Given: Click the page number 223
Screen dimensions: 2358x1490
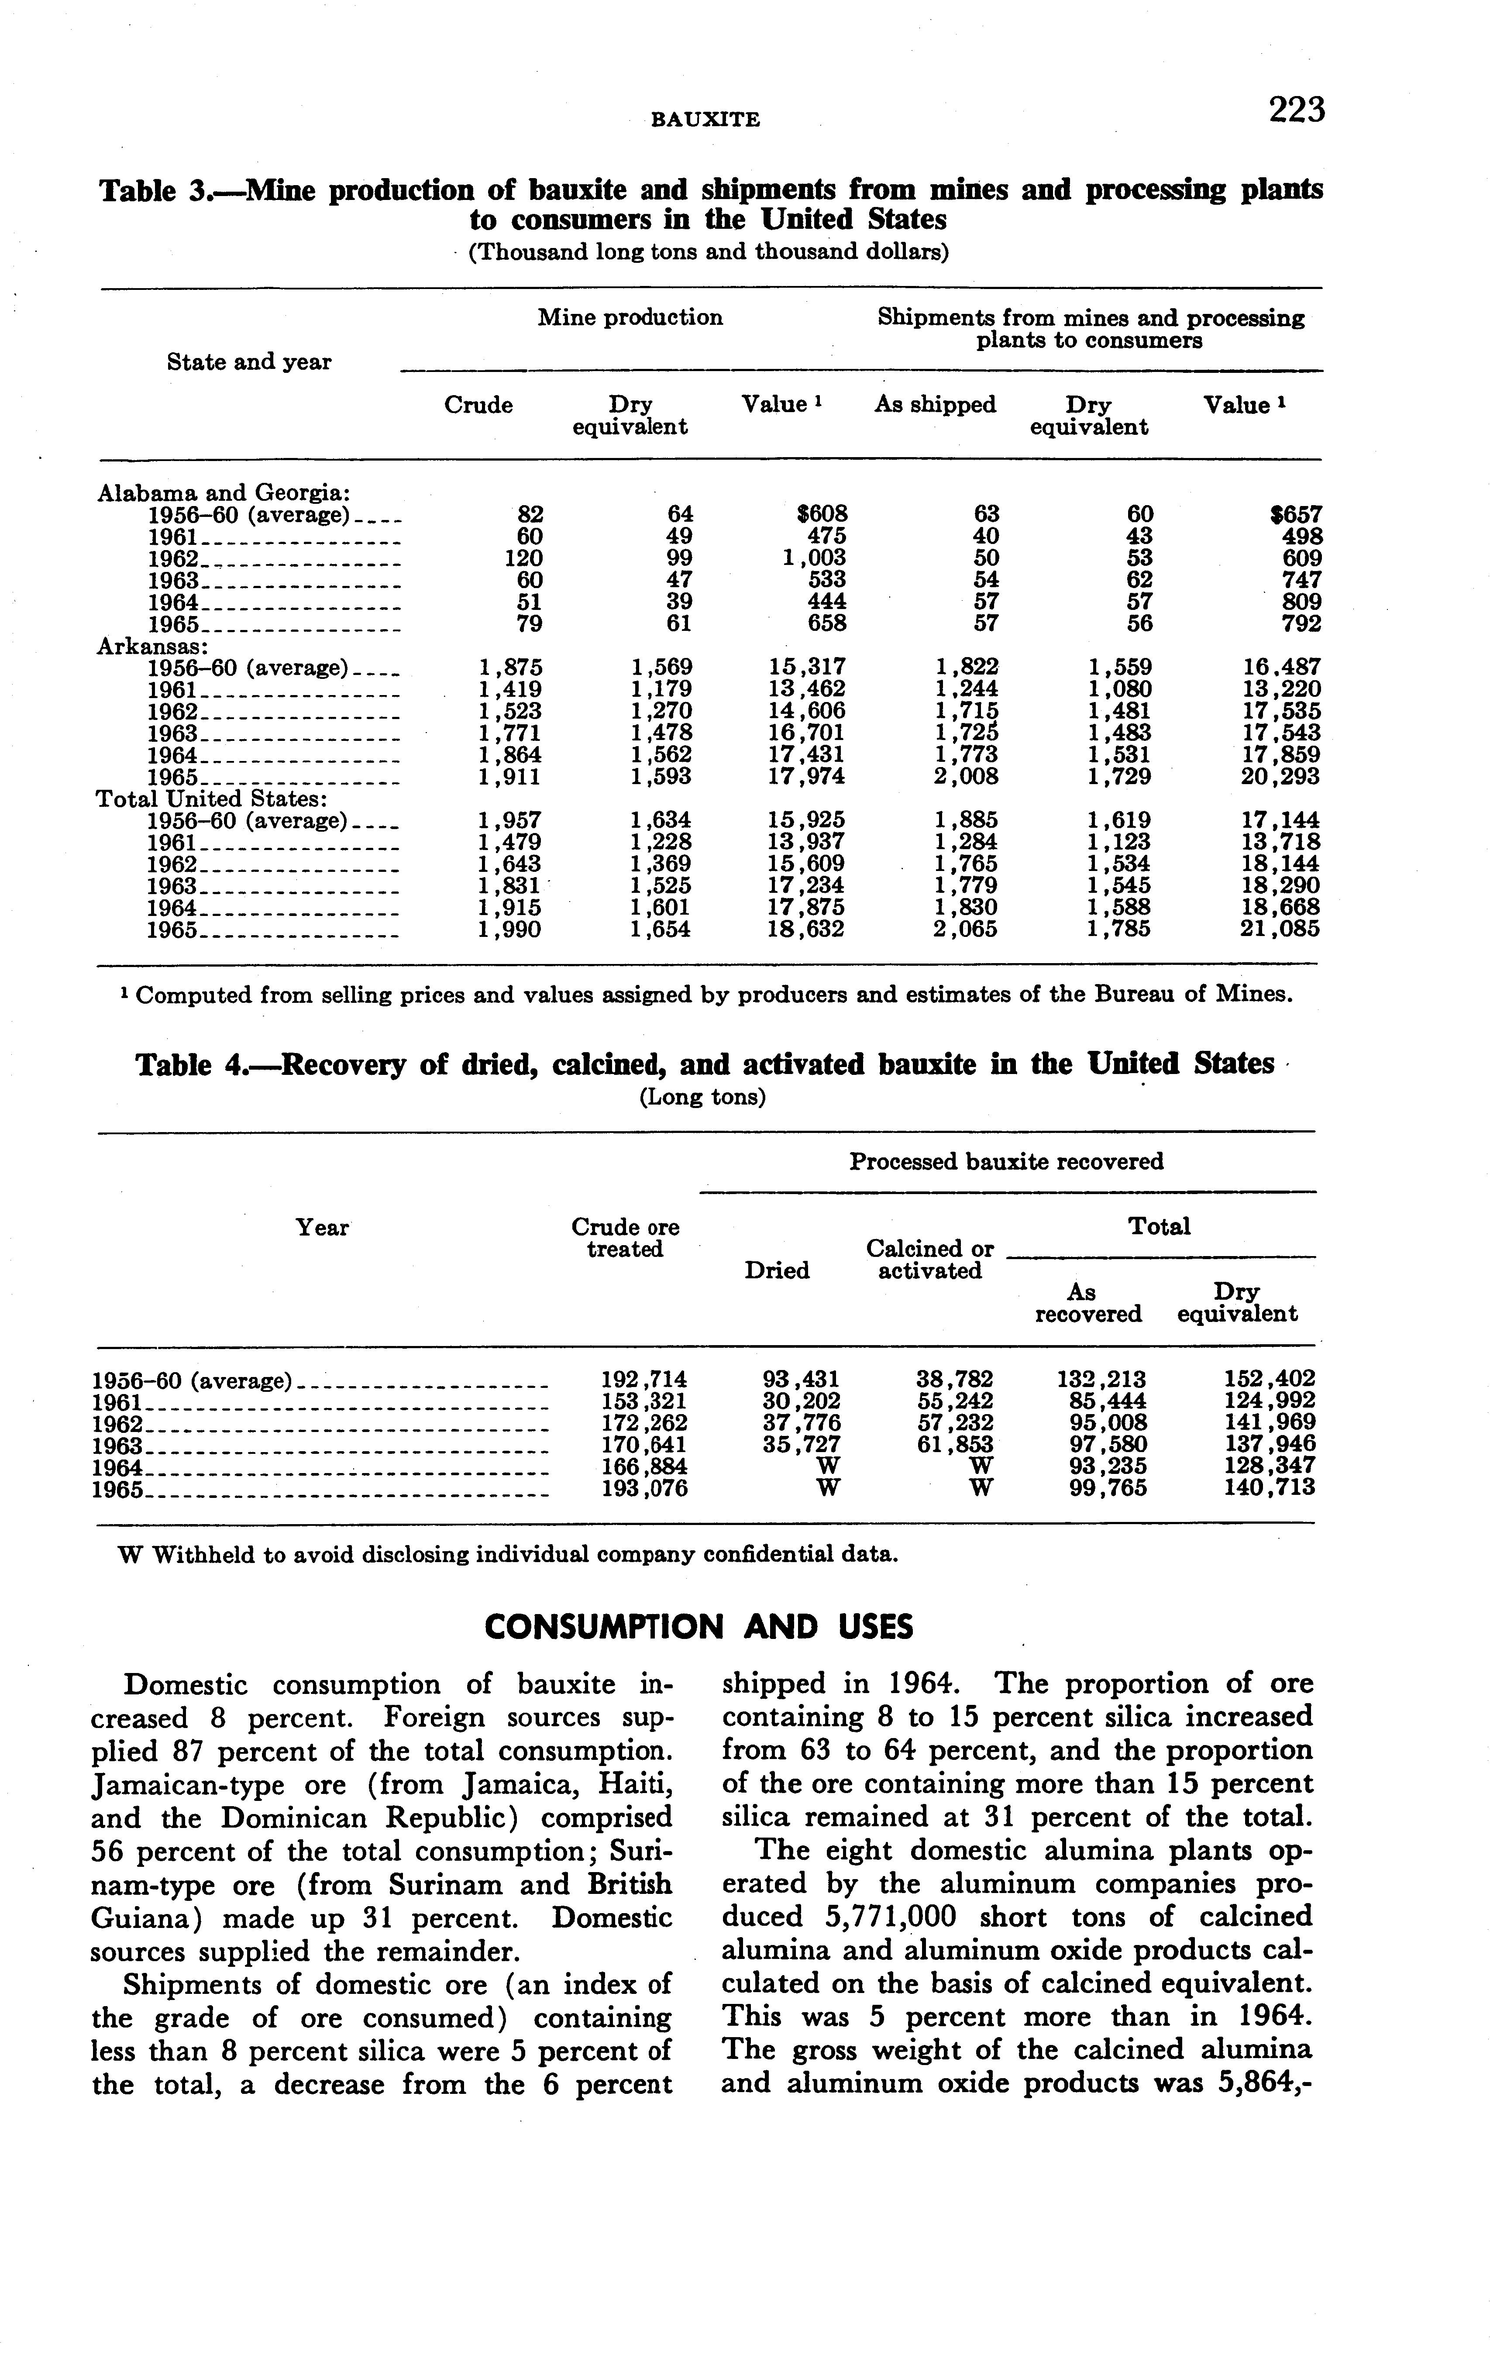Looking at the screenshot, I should tap(1296, 110).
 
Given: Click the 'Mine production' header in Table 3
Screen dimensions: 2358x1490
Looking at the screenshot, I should tap(630, 317).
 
